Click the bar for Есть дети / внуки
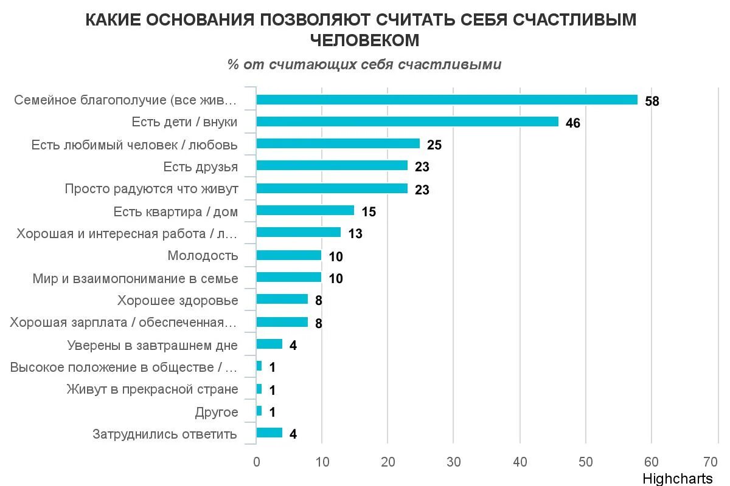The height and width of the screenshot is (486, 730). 407,122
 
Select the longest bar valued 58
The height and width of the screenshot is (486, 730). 447,100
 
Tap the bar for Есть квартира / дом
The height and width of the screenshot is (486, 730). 305,211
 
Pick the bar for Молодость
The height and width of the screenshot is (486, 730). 288,255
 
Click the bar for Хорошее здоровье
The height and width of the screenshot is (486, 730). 282,299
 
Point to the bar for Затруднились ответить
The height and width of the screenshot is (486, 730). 269,433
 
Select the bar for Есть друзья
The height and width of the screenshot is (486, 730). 332,166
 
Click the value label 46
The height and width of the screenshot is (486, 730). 572,123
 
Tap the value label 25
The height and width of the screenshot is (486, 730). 434,145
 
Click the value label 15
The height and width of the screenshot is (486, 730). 368,212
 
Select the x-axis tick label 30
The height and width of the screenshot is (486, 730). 453,461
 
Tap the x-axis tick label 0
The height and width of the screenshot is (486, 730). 256,461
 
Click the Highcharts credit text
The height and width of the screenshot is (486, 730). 676,478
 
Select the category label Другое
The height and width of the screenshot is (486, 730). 216,412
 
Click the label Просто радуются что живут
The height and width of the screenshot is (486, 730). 151,189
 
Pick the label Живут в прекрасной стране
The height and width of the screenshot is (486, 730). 152,389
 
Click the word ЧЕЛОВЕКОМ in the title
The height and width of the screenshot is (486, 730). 364,40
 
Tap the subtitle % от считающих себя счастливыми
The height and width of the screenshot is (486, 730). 364,65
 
